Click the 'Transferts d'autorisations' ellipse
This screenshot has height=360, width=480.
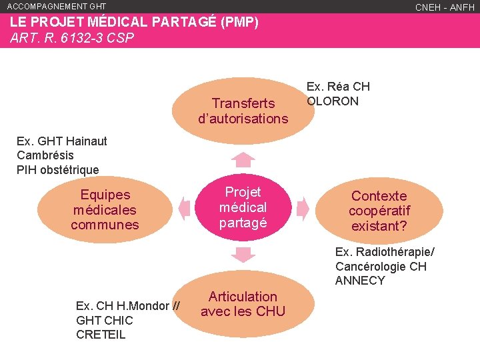click(x=243, y=111)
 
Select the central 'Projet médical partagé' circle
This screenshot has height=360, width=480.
click(x=243, y=207)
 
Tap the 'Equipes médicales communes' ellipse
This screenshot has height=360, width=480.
click(x=105, y=209)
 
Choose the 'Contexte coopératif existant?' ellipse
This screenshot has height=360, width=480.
click(x=379, y=211)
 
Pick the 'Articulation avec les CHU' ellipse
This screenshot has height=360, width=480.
click(x=243, y=304)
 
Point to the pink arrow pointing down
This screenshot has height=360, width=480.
click(x=244, y=254)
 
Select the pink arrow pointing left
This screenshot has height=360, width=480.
click(x=185, y=207)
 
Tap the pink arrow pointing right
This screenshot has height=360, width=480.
click(x=302, y=207)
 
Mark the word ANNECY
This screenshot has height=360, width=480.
click(x=360, y=281)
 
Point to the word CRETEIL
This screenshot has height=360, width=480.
click(x=101, y=335)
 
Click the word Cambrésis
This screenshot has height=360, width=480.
click(x=45, y=155)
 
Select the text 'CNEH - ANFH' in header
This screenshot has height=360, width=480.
click(x=445, y=7)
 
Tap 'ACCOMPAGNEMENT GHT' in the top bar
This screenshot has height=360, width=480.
click(x=57, y=6)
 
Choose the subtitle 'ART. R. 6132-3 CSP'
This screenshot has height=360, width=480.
click(x=72, y=38)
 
